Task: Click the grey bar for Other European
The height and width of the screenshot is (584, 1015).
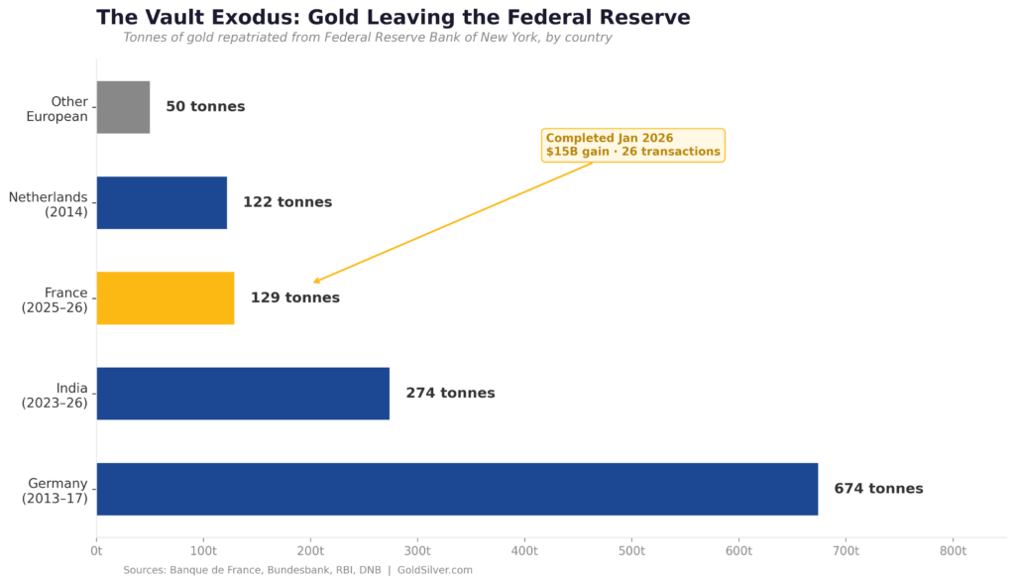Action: [123, 107]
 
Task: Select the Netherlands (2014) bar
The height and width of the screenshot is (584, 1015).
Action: [162, 202]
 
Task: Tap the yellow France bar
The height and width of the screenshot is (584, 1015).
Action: [166, 297]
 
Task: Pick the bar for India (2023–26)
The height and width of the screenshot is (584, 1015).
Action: [243, 394]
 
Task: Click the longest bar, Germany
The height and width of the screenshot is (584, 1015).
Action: [457, 489]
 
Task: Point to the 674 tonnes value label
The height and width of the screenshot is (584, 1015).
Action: [878, 489]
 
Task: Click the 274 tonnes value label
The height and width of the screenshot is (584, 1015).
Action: [450, 394]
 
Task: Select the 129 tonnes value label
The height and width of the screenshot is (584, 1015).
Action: [294, 297]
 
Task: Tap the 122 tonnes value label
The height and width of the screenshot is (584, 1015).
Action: [287, 202]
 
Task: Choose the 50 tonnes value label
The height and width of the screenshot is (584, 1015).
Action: [205, 107]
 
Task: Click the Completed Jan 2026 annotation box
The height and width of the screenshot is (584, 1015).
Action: [632, 145]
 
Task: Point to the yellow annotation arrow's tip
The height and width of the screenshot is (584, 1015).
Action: [314, 283]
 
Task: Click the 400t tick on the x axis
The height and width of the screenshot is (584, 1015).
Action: [524, 549]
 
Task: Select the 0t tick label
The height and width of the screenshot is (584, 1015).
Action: [96, 549]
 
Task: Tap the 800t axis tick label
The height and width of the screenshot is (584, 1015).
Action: [953, 549]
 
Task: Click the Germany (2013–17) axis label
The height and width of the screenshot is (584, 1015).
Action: [56, 491]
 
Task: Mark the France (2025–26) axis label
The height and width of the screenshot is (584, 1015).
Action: [56, 299]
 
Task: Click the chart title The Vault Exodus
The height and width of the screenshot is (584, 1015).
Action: [393, 17]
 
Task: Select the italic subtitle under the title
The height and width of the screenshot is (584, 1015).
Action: [367, 38]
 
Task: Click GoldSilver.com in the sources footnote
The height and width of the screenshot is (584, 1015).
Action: [434, 570]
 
